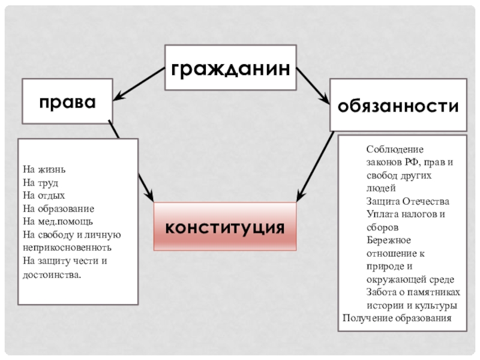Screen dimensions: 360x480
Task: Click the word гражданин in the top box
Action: click(230, 68)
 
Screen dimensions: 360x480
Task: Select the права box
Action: click(67, 100)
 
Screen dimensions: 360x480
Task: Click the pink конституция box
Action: click(225, 227)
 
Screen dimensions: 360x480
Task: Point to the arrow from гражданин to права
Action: click(139, 83)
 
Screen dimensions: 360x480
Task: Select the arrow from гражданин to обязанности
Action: click(312, 84)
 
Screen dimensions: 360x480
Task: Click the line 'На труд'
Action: click(40, 182)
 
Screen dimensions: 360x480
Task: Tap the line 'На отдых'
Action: click(44, 195)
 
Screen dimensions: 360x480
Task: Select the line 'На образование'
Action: click(58, 208)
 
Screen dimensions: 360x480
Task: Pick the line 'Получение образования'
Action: click(396, 318)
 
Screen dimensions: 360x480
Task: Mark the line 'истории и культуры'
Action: click(413, 305)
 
